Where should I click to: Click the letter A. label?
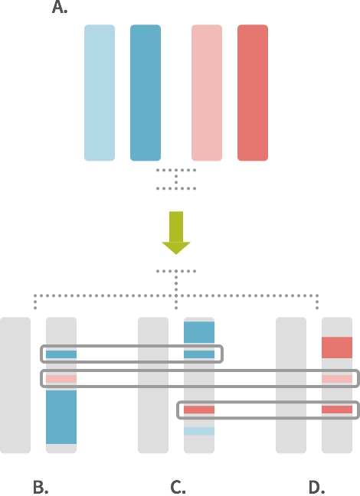click(60, 7)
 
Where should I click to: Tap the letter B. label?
click(41, 487)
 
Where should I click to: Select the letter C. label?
click(178, 487)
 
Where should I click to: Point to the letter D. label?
click(316, 487)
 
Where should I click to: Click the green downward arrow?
click(176, 233)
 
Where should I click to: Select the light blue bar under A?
click(100, 93)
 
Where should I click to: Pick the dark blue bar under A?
click(146, 93)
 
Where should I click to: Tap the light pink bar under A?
click(207, 93)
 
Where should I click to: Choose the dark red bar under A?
click(253, 93)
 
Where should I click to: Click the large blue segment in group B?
click(61, 417)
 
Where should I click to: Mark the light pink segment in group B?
click(61, 379)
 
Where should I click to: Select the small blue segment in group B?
click(61, 354)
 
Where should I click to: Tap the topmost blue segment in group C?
click(199, 332)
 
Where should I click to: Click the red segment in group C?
click(199, 410)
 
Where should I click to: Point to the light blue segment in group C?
click(199, 431)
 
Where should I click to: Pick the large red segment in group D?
click(337, 348)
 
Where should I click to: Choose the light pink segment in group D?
click(337, 379)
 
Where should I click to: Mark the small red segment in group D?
click(337, 410)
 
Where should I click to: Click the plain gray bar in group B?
click(15, 385)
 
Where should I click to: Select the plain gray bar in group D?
click(291, 385)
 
